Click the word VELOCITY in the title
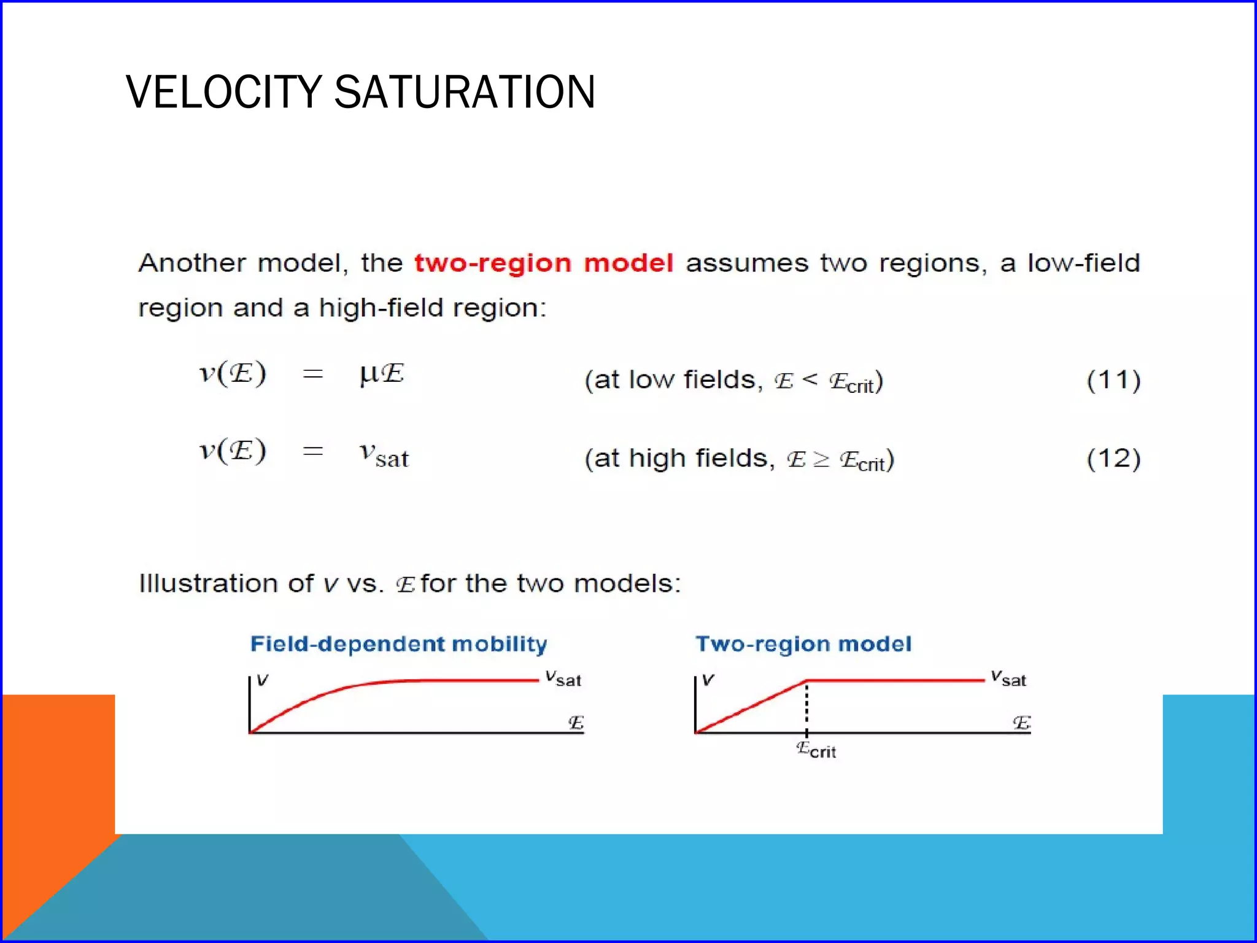[223, 92]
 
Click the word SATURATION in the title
[465, 92]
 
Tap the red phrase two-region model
[544, 263]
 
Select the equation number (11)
[1113, 380]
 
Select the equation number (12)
[1113, 459]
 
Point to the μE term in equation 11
[382, 373]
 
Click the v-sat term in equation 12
[384, 454]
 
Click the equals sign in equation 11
[313, 374]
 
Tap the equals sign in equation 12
[313, 451]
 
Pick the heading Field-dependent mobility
[398, 644]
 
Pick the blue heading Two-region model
[803, 644]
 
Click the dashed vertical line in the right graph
[806, 706]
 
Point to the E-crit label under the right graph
[816, 750]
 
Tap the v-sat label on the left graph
[563, 678]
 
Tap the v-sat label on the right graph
[1008, 678]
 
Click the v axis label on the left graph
[263, 680]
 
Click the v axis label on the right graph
[708, 680]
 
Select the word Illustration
[209, 583]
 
